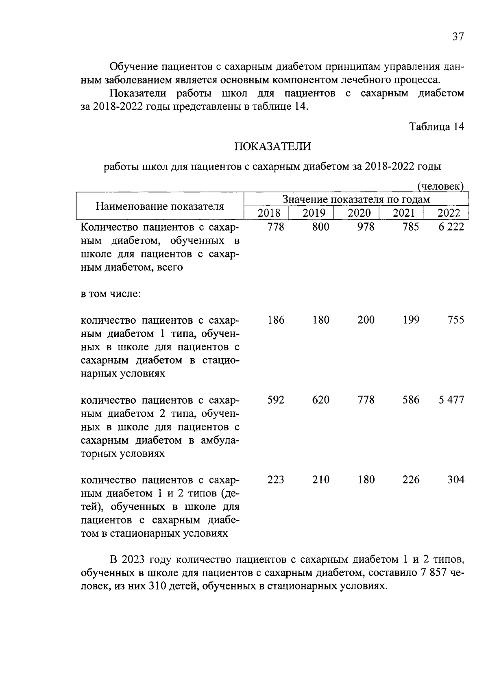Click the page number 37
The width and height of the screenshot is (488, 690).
pos(457,37)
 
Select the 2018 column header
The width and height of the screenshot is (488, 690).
pos(269,213)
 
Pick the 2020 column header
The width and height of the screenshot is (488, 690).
pos(359,213)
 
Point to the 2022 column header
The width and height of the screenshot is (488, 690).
pos(449,213)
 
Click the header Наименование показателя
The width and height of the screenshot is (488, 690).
pos(160,206)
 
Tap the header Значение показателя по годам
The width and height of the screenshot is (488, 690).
pos(356,199)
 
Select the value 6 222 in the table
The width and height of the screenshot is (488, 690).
pos(451,227)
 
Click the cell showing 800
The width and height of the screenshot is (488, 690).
pos(320,227)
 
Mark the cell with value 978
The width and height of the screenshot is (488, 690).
pos(366,227)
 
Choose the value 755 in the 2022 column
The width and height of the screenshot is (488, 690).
pos(455,320)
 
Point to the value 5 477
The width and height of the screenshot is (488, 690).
pos(451,400)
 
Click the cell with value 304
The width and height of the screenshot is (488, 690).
pos(455,480)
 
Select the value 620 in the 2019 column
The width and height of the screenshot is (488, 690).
pos(320,400)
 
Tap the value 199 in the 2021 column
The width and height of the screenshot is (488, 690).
pos(411,320)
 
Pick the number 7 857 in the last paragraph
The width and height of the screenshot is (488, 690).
pos(434,573)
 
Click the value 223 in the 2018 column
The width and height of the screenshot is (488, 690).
pos(276,480)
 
